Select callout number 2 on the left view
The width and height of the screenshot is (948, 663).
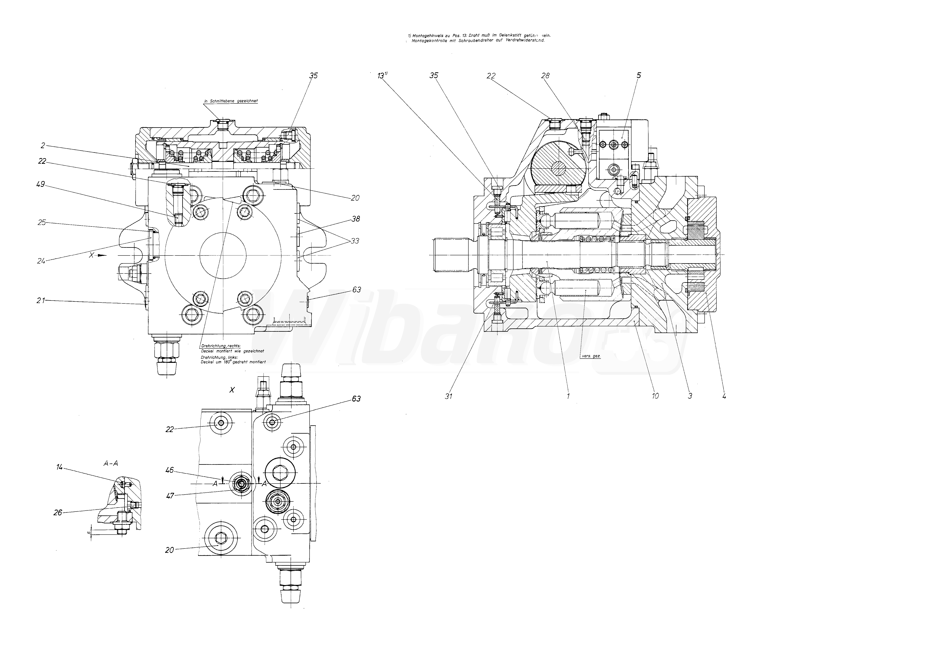click(43, 145)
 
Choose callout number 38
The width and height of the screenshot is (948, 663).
click(356, 219)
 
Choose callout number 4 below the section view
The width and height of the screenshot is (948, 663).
click(724, 396)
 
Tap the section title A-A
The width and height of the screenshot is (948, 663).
click(110, 463)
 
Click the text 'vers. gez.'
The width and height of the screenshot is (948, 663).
click(591, 356)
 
